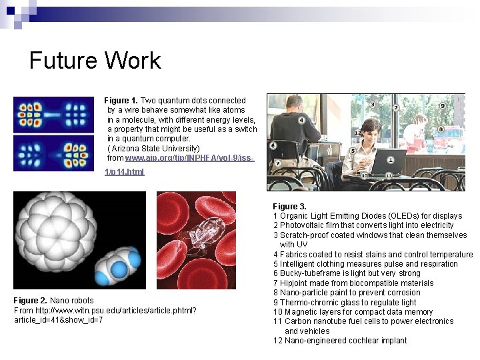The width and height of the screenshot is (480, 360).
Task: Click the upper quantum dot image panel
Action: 53,113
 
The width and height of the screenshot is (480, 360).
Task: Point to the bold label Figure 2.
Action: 31,301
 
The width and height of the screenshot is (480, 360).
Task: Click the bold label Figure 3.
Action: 289,207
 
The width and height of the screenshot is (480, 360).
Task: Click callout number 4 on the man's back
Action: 302,120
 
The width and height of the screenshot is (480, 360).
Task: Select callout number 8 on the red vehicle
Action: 441,129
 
